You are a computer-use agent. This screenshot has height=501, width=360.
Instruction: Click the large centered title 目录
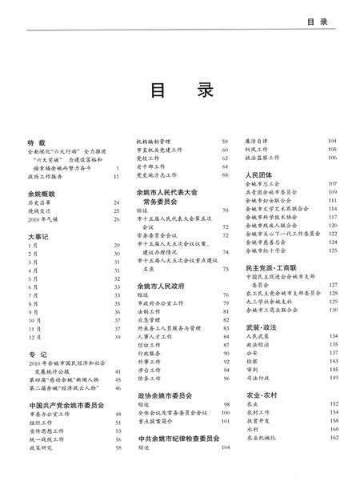180,89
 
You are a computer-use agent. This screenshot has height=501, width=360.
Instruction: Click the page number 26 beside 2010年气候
118,218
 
